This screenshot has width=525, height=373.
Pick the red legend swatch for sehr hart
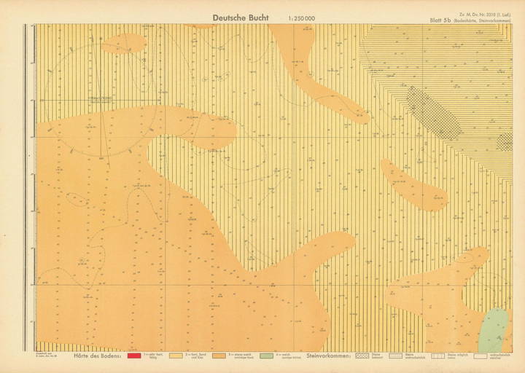(x=133, y=356)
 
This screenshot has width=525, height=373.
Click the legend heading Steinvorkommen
(x=329, y=356)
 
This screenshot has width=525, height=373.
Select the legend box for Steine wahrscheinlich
(x=396, y=356)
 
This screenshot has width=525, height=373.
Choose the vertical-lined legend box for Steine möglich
(x=437, y=356)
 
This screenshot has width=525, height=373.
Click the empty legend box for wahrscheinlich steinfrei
(x=481, y=356)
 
